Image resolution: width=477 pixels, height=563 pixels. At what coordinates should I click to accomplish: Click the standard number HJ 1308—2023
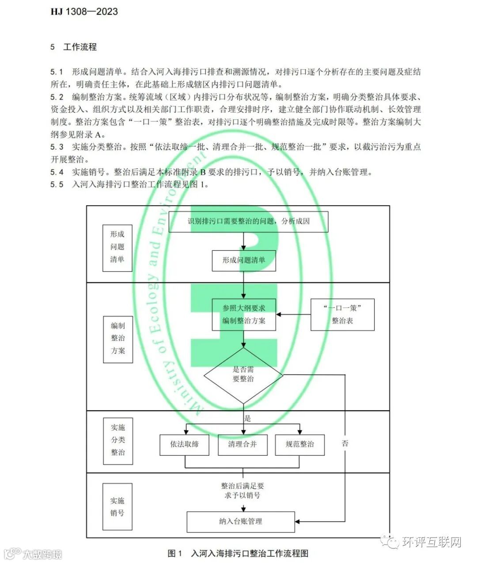[x=84, y=11]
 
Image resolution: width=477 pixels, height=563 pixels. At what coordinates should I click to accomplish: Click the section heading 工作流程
[x=79, y=47]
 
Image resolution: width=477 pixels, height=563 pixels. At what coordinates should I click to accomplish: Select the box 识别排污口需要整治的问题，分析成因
[x=249, y=221]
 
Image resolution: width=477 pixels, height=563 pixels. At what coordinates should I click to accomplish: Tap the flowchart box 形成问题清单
[x=244, y=260]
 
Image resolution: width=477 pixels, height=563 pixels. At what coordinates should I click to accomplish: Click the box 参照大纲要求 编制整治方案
[x=244, y=314]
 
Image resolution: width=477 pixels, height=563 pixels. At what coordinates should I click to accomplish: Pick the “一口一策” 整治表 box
[x=342, y=314]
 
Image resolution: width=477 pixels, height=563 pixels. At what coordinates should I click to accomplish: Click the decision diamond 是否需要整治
[x=243, y=374]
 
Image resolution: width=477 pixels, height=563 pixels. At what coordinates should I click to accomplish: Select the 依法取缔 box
[x=185, y=444]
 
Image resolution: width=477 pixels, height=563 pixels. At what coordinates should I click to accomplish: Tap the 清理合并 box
[x=242, y=444]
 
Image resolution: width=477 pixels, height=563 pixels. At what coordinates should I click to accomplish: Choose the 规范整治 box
[x=300, y=444]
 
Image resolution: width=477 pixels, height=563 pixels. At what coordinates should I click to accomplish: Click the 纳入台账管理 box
[x=241, y=521]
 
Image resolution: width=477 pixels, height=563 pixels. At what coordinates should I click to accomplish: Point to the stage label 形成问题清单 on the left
[x=117, y=247]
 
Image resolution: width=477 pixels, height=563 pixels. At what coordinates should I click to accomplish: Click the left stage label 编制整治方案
[x=118, y=338]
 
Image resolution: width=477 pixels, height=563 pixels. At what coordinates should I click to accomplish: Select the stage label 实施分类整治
[x=118, y=440]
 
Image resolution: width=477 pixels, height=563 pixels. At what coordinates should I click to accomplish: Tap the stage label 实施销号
[x=117, y=506]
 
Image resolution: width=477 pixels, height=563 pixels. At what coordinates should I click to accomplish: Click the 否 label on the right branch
[x=345, y=443]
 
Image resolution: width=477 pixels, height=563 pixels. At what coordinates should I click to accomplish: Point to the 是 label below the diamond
[x=248, y=418]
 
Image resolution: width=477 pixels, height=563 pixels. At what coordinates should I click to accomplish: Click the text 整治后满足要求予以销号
[x=242, y=491]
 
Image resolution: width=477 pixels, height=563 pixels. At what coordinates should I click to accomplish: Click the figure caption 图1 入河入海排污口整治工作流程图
[x=238, y=553]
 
